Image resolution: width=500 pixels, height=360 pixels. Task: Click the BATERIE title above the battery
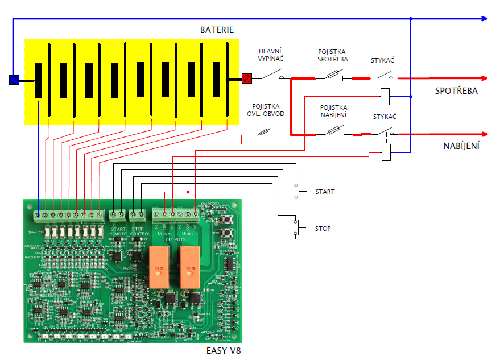pyautogui.click(x=217, y=30)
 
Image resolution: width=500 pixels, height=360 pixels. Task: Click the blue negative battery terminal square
pyautogui.click(x=15, y=80)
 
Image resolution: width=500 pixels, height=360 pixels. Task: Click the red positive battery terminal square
pyautogui.click(x=247, y=78)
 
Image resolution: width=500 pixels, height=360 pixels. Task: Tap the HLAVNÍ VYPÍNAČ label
pyautogui.click(x=271, y=55)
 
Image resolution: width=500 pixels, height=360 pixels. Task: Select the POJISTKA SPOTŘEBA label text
pyautogui.click(x=333, y=55)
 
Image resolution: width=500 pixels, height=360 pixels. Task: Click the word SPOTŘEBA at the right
pyautogui.click(x=456, y=91)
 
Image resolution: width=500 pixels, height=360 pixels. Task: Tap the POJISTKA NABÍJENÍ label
pyautogui.click(x=333, y=111)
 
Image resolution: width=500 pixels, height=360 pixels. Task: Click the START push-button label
pyautogui.click(x=325, y=192)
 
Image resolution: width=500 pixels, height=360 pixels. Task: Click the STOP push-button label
pyautogui.click(x=323, y=229)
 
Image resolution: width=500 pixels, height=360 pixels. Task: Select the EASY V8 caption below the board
pyautogui.click(x=224, y=350)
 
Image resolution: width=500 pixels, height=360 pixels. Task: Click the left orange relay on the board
pyautogui.click(x=160, y=267)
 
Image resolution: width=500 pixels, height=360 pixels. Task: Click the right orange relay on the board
pyautogui.click(x=189, y=267)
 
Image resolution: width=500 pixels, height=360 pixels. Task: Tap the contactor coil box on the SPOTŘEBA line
pyautogui.click(x=386, y=96)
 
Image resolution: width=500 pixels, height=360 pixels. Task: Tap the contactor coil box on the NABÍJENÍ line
pyautogui.click(x=386, y=152)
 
